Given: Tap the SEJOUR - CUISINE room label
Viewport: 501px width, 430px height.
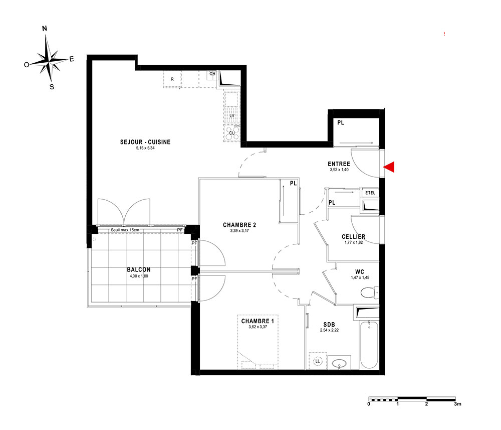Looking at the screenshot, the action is point(145,142).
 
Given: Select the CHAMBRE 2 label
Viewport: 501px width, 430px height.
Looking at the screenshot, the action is point(239,225).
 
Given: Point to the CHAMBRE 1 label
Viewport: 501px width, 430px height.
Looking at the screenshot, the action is point(258,321).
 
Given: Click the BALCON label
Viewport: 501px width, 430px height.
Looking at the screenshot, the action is point(139,270).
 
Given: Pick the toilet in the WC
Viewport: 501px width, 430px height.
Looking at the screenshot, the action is point(369,293).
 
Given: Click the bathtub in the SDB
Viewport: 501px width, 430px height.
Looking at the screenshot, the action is point(369,345).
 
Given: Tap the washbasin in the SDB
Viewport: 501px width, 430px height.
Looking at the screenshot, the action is point(339,363).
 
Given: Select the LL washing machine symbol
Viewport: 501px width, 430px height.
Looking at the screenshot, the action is point(318,361).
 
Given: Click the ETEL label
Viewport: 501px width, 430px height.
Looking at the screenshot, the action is point(370,193).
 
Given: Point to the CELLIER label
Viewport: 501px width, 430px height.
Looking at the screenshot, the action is point(353,237).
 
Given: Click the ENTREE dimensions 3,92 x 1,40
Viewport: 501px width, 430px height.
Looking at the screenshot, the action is point(339,170).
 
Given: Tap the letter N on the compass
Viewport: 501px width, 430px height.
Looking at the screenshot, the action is point(45,29).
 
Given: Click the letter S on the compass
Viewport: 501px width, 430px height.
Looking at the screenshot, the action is point(52,87).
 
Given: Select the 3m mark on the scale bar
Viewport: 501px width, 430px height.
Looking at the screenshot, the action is point(457,404).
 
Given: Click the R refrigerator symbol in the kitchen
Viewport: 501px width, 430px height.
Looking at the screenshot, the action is point(172,79).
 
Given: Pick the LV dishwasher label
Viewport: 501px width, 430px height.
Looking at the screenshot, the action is point(232,116).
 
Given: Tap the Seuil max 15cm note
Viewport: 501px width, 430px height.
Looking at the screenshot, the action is point(125,230).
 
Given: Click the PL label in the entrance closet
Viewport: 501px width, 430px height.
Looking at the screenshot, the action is point(341,122).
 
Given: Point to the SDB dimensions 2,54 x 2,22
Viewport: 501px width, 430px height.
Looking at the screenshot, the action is point(329,330).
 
